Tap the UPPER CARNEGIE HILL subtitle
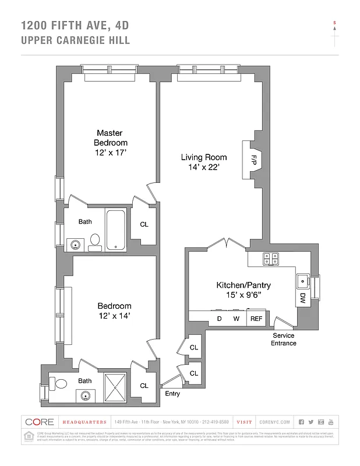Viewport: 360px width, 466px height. pyautogui.click(x=75, y=41)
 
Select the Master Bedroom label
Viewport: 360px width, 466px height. pyautogui.click(x=110, y=138)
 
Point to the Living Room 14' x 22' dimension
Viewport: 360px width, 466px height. pyautogui.click(x=203, y=167)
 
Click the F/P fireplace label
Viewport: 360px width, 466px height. pyautogui.click(x=254, y=159)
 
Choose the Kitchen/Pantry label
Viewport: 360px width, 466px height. pyautogui.click(x=243, y=285)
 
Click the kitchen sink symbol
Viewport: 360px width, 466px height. pyautogui.click(x=303, y=282)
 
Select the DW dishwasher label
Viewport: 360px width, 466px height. pyautogui.click(x=303, y=298)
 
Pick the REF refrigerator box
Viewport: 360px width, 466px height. pyautogui.click(x=256, y=319)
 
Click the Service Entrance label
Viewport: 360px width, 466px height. pyautogui.click(x=283, y=340)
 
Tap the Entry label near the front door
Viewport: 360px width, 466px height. pyautogui.click(x=172, y=394)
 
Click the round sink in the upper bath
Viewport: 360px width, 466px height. pyautogui.click(x=74, y=245)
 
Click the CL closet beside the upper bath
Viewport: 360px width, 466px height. pyautogui.click(x=144, y=224)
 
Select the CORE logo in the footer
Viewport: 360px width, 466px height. pyautogui.click(x=39, y=422)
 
